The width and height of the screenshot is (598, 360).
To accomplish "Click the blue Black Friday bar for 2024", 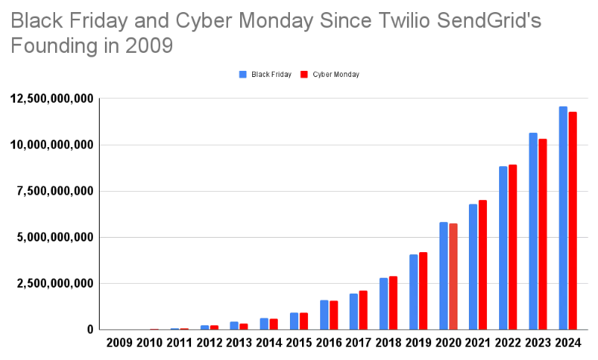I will [563, 218].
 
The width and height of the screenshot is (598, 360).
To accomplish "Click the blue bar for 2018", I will [384, 303].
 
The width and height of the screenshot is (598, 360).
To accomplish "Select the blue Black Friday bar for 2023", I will [533, 231].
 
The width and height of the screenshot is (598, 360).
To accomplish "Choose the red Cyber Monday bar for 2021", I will [482, 264].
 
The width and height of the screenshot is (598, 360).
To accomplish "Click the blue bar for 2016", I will [324, 315].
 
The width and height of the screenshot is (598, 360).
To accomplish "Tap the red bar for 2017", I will [363, 309].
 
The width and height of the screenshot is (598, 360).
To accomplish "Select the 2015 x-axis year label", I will [299, 343].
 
